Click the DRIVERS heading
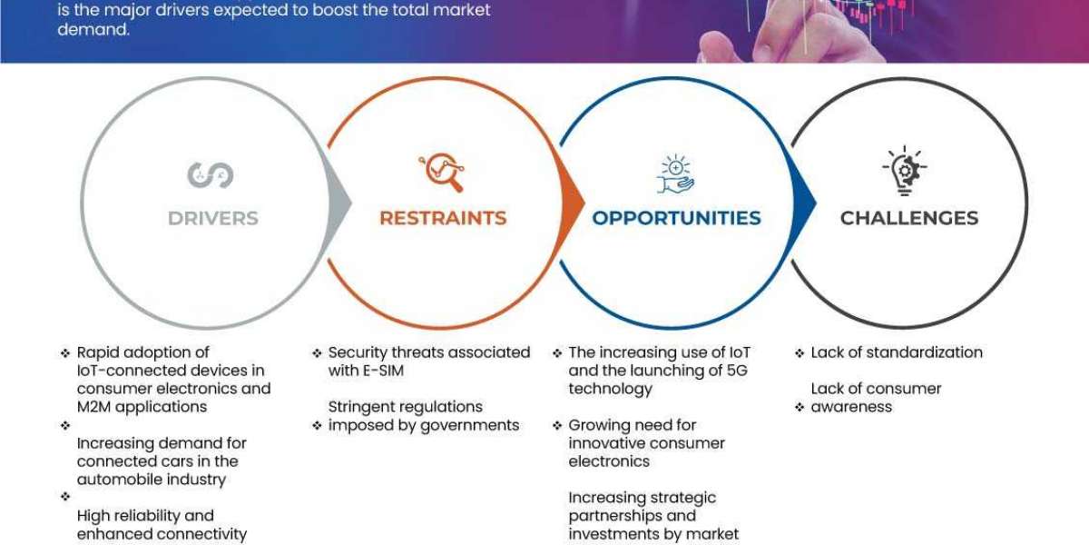pos(213,218)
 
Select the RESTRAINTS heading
pos(443,218)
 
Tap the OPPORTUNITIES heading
pos(676,218)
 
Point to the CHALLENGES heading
pos(909,218)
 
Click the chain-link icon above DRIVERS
pos(211,174)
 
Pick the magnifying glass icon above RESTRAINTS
pos(441,173)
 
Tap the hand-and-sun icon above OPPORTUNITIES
pos(675,173)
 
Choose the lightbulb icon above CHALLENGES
pos(904,171)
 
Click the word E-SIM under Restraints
pos(385,371)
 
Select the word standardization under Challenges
pos(925,352)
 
